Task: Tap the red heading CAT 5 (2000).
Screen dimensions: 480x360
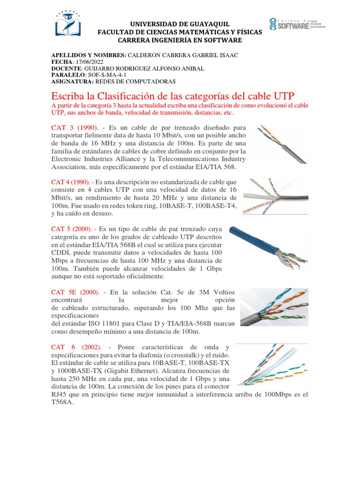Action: pos(73,229)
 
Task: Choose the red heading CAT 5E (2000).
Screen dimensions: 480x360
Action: pos(75,292)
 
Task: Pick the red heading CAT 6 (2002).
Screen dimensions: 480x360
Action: pos(75,347)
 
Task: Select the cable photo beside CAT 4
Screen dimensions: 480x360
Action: pos(275,196)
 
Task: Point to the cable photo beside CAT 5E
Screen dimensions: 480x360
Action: pos(274,307)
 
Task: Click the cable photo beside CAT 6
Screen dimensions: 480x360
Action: pos(271,364)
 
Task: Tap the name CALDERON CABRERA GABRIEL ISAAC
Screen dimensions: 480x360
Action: pos(183,55)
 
